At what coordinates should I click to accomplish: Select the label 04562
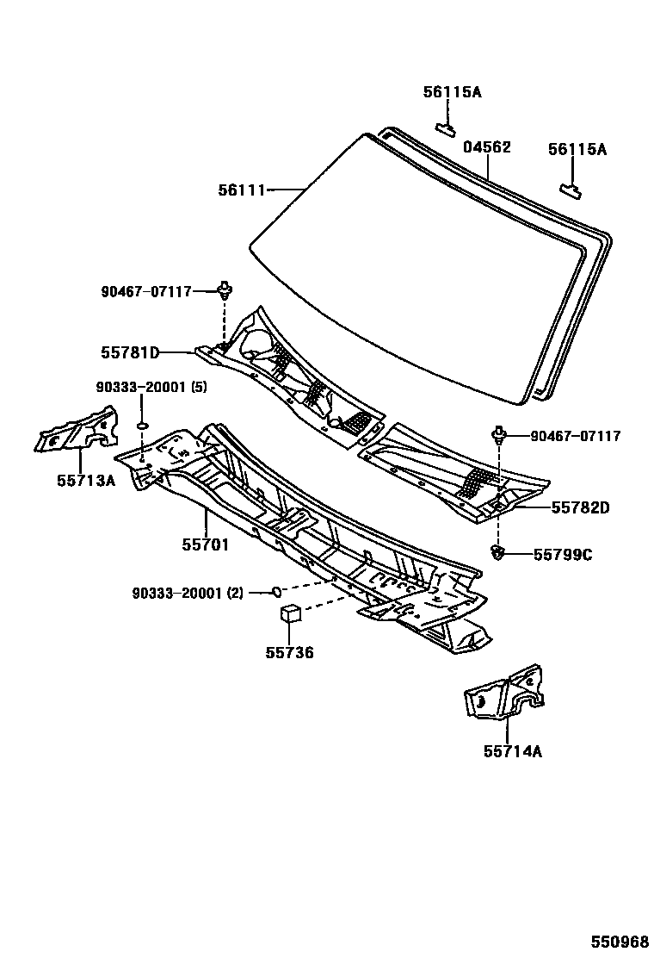click(487, 147)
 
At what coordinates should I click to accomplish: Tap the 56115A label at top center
click(452, 91)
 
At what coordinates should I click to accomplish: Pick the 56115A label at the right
click(577, 149)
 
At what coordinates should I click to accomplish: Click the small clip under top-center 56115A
click(446, 128)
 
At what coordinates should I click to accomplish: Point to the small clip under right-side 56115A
click(571, 188)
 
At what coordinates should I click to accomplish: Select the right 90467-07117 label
click(575, 437)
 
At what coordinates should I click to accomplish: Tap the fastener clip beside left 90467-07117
click(225, 289)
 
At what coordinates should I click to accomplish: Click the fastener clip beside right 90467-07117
click(498, 434)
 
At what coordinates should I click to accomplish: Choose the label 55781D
click(130, 352)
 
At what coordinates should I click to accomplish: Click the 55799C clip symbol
click(497, 551)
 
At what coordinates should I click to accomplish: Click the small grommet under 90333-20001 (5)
click(143, 425)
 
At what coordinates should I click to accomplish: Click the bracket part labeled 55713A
click(76, 431)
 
